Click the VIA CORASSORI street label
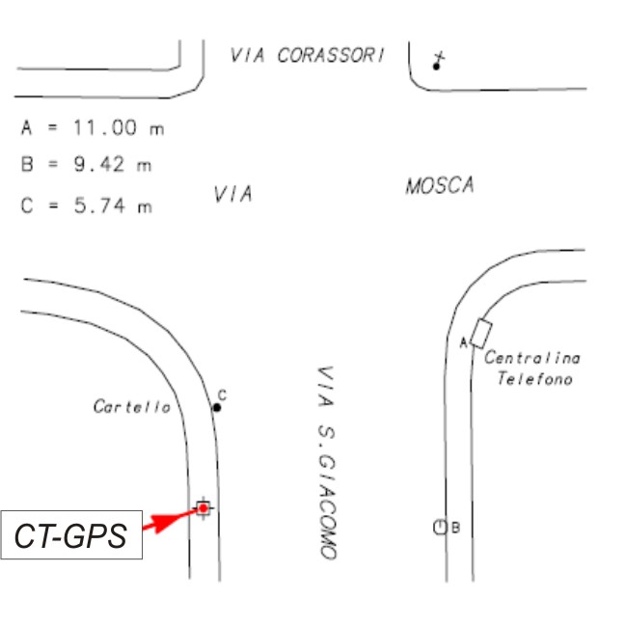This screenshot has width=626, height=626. (x=307, y=55)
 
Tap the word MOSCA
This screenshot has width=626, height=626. (x=440, y=185)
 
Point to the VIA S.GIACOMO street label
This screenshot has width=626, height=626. (x=326, y=463)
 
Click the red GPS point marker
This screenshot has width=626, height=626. (x=203, y=507)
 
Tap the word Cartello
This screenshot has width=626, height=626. (x=131, y=407)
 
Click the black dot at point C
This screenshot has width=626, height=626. (x=217, y=407)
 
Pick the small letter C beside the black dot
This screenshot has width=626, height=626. (x=222, y=395)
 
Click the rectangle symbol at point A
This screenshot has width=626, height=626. (x=481, y=332)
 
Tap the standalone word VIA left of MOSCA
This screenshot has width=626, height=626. (x=232, y=194)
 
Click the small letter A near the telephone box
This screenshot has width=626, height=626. (x=463, y=341)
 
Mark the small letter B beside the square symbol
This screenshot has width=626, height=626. (x=455, y=528)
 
